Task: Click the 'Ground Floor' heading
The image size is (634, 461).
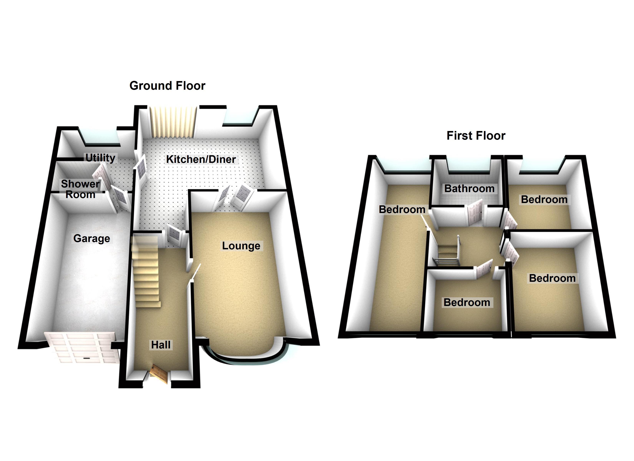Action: (x=167, y=85)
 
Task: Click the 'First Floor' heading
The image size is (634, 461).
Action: (x=476, y=136)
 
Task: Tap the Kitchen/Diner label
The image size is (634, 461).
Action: (x=201, y=159)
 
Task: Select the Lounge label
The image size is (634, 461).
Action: (x=241, y=246)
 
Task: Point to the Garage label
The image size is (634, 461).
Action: (x=92, y=238)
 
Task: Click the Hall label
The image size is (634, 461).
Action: (x=161, y=345)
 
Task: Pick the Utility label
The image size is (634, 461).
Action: (x=100, y=158)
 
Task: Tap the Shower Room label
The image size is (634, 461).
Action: (x=80, y=189)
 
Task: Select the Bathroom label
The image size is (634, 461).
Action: (x=469, y=188)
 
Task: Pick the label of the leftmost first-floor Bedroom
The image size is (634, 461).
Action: (x=402, y=209)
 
